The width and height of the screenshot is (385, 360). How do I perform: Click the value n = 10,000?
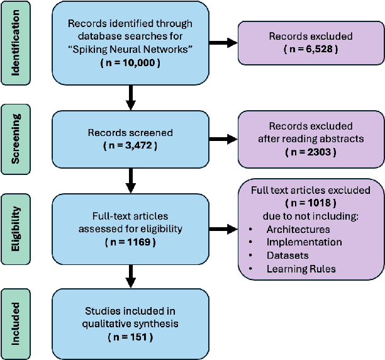(x=131, y=64)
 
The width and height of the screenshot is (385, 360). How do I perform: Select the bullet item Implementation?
(x=304, y=242)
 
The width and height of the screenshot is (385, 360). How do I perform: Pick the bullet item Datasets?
(x=287, y=255)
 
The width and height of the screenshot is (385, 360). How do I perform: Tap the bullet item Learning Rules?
(x=300, y=269)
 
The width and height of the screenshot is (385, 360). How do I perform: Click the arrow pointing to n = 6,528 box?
(x=223, y=43)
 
